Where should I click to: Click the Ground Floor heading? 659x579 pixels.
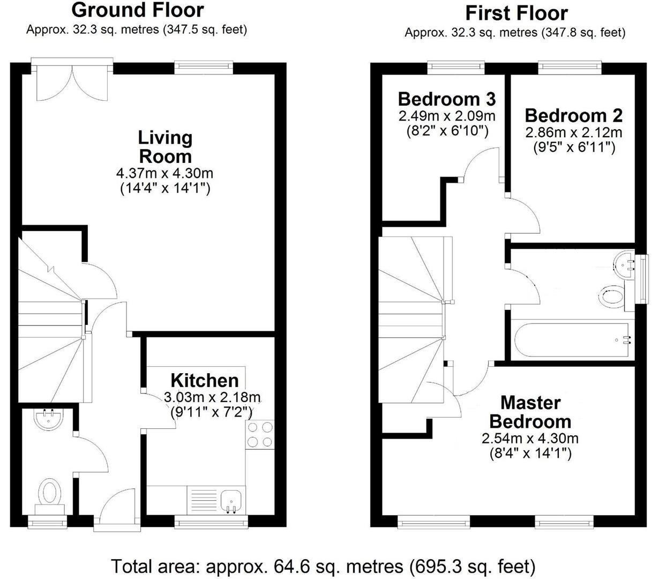coord(137,10)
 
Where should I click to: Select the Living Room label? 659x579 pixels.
coord(165,147)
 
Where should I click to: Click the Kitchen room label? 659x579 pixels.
coord(205,381)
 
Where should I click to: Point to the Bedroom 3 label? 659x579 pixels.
coord(446,99)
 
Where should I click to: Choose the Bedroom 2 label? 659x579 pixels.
coord(573,115)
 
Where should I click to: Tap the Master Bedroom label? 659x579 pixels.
coord(530,412)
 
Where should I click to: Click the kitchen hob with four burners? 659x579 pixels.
coord(260,434)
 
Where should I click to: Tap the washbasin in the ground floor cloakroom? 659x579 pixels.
coord(50,420)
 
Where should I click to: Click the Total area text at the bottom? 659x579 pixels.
coord(323,566)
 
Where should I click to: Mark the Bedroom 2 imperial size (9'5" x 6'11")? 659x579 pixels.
coord(573,147)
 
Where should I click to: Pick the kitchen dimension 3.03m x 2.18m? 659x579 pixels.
coord(212,398)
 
